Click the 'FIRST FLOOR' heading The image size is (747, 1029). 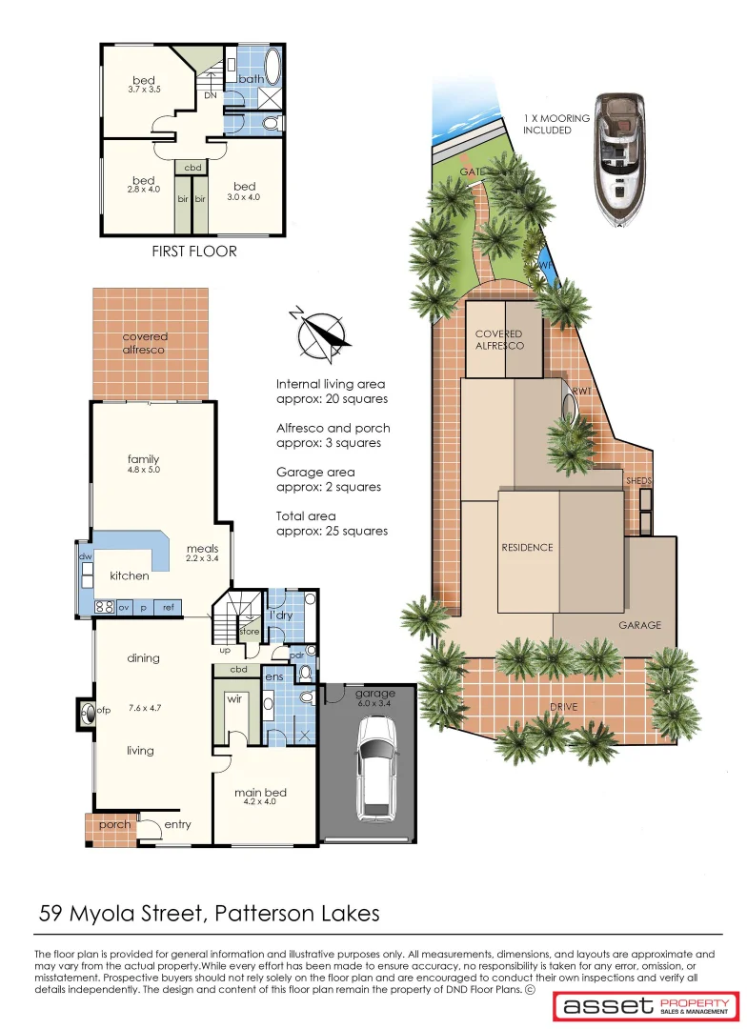point(193,252)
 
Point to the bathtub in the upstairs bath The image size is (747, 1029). point(272,70)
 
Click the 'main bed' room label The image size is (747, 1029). point(260,792)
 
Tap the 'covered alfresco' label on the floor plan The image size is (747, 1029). point(145,343)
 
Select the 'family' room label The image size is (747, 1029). point(144,459)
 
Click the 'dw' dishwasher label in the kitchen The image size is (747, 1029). point(85,556)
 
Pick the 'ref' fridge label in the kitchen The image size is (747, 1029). point(168,607)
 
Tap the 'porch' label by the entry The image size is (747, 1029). point(115,824)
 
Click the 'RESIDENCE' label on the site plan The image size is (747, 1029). point(527,548)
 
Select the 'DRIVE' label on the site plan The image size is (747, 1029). point(563,707)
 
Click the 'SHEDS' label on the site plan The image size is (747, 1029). point(638,481)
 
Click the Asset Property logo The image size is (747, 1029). point(647,1006)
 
